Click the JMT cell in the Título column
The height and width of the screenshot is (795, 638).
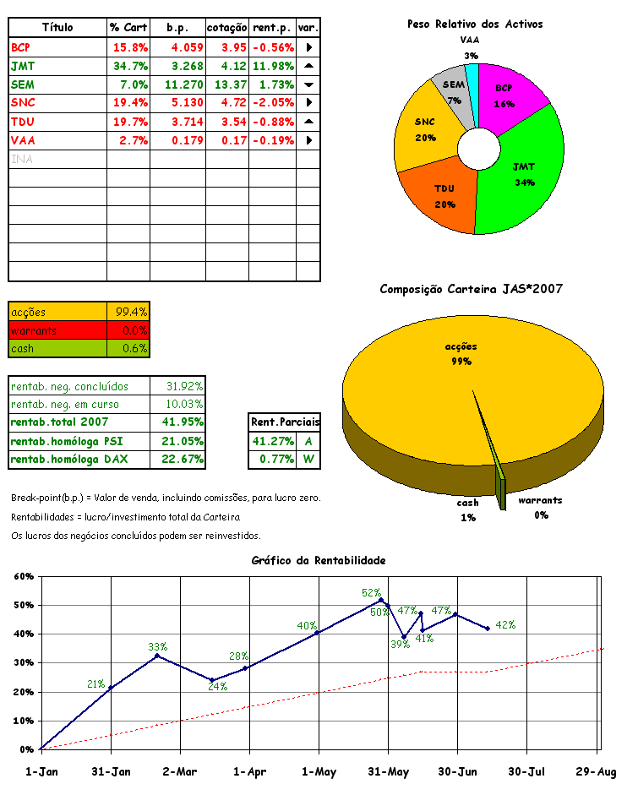coord(23,66)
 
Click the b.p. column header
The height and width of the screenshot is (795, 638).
coord(177,28)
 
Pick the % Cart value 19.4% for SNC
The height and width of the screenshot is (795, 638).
coord(130,103)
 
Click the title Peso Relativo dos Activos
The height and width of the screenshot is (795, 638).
coord(475,24)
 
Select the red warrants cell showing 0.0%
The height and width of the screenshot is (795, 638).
coord(128,329)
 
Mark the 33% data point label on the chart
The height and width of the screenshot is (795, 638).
coord(157,648)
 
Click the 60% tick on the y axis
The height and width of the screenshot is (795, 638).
coord(21,576)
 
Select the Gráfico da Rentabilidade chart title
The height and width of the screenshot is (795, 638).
coord(319,560)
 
